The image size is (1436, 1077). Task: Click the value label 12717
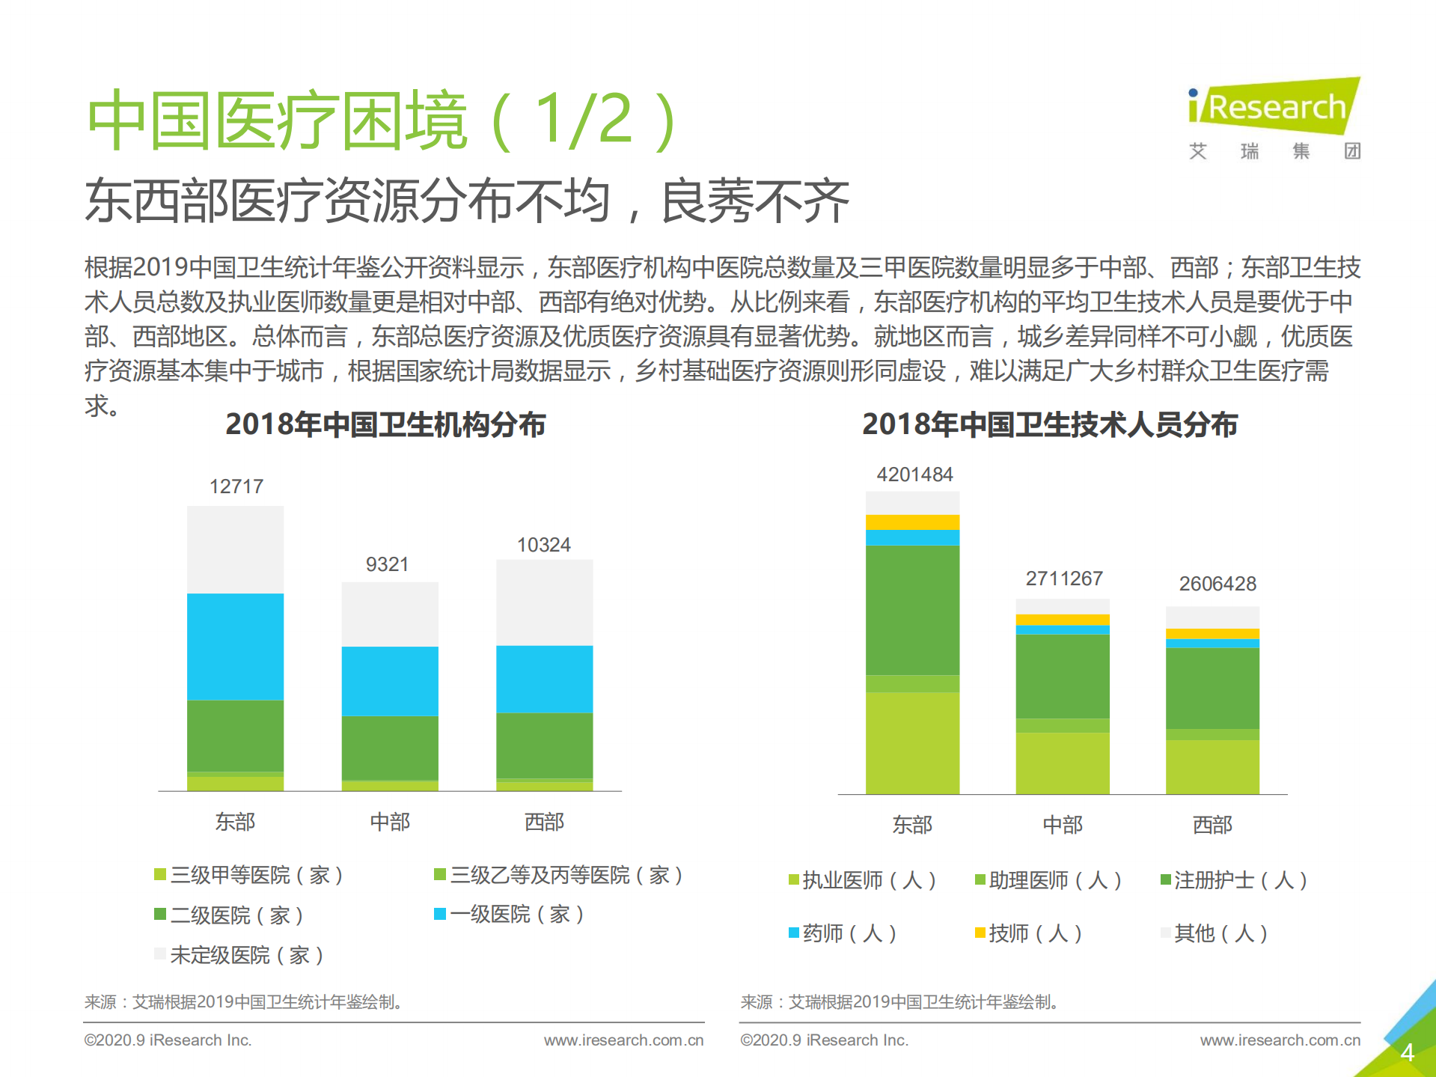tap(236, 486)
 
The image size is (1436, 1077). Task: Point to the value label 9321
tap(387, 564)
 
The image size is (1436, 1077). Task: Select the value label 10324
tap(544, 545)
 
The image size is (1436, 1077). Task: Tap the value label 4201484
tap(914, 475)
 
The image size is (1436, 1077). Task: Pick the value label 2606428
tap(1217, 584)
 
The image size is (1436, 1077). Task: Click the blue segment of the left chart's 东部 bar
tap(235, 647)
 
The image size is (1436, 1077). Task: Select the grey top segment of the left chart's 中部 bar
tap(390, 614)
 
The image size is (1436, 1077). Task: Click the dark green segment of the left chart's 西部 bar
tap(544, 745)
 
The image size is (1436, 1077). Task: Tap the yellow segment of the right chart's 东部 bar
tap(912, 522)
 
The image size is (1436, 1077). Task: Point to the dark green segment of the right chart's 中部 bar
tap(1063, 676)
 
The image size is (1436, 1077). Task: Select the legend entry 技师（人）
tap(1029, 933)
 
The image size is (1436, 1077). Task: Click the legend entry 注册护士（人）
tap(1234, 880)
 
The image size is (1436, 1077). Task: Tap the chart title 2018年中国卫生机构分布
tap(385, 424)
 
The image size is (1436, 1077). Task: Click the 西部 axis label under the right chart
tap(1212, 825)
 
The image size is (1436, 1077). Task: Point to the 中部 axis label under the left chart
tap(390, 822)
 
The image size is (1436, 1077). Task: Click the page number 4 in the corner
tap(1407, 1052)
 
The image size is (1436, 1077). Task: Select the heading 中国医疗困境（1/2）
tap(382, 120)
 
